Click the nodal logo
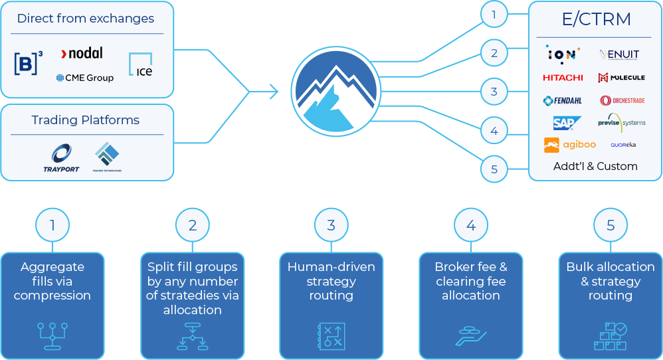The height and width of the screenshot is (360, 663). point(82,53)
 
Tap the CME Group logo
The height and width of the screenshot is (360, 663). point(85,78)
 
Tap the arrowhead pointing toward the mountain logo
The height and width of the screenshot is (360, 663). point(273,91)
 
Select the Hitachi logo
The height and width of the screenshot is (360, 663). point(563,78)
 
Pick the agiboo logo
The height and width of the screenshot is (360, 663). point(569,144)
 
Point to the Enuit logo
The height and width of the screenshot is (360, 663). point(618,54)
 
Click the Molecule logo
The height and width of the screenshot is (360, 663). point(622,78)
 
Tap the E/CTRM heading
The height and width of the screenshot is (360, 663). point(595,19)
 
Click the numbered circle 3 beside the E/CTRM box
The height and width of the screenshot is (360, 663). point(494,92)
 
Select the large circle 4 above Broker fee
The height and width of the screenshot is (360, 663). point(471,226)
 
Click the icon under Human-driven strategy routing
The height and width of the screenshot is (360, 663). point(331,335)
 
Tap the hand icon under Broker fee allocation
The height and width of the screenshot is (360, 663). point(471,335)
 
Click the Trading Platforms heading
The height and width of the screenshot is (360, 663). point(86,120)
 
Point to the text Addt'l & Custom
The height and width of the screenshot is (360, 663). point(595,166)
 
